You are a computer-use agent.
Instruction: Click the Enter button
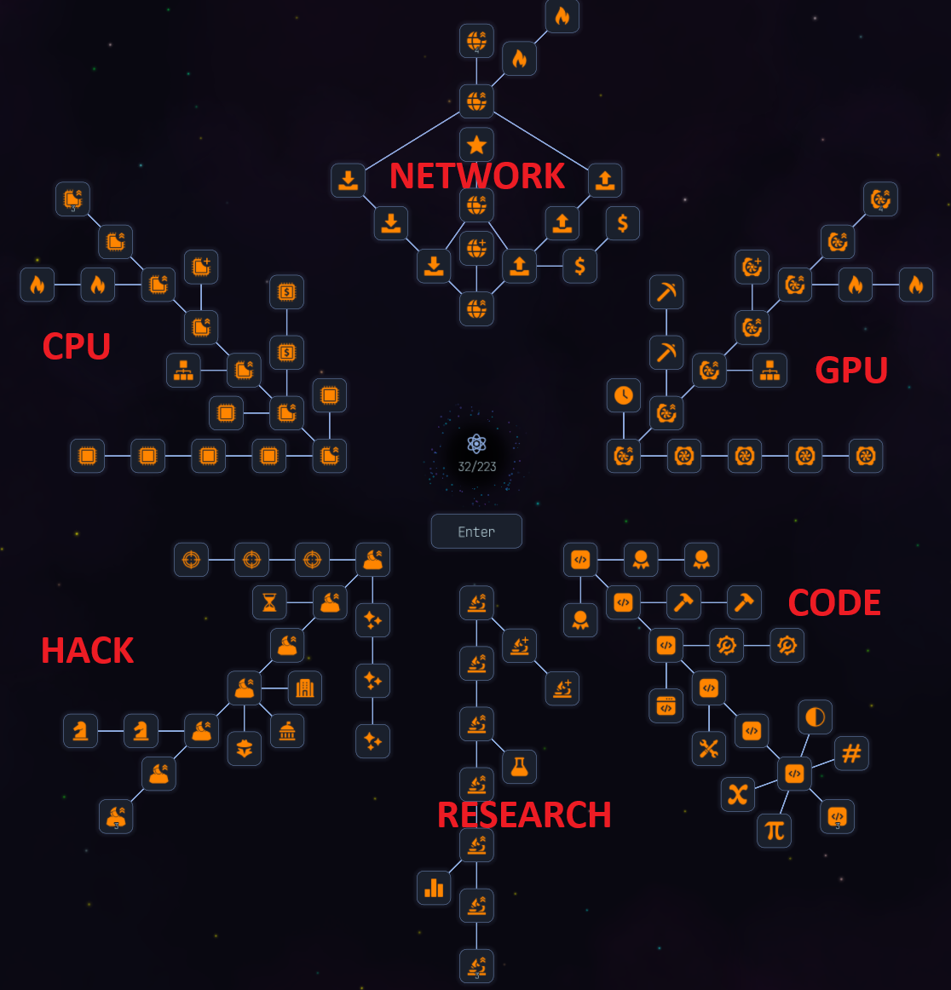tap(476, 532)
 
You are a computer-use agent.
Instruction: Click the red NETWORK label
tap(476, 176)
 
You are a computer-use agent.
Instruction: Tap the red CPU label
tap(77, 347)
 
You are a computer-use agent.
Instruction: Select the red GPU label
tap(851, 370)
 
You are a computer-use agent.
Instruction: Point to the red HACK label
tap(88, 651)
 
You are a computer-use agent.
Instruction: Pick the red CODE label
tap(834, 603)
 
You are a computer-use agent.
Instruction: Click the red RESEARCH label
tap(524, 815)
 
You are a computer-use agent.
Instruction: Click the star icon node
tap(476, 145)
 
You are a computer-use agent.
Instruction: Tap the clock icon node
tap(624, 395)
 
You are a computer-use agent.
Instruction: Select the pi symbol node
tap(774, 830)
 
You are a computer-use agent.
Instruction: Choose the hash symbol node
tap(851, 753)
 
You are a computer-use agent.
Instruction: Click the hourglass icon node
tap(269, 602)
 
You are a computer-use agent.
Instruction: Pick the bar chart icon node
tap(434, 888)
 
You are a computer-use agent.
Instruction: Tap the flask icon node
tap(519, 767)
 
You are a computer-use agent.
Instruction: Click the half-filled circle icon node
tap(816, 717)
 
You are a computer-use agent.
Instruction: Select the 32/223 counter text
tap(476, 467)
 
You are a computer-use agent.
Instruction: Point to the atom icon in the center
tap(476, 443)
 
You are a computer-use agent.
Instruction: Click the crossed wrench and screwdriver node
tap(709, 749)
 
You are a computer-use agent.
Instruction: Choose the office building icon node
tap(304, 688)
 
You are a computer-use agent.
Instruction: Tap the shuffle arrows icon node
tap(738, 794)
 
